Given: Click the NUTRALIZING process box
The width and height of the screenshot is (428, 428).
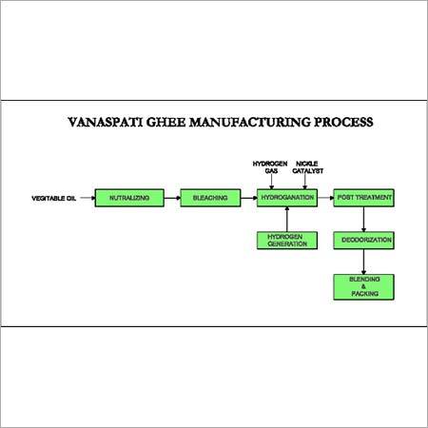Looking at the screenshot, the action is coord(129,198).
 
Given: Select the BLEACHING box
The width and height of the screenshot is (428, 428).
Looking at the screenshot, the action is coord(210,198).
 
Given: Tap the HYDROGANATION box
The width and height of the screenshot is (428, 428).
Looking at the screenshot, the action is coord(287,198).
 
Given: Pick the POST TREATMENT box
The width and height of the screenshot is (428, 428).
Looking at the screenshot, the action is coord(363,198).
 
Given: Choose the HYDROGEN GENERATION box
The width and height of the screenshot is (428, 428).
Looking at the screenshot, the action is coord(287,241).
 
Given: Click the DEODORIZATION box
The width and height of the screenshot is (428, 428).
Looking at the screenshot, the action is coord(363,241).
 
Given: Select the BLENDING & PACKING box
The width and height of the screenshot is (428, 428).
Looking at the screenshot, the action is coord(363,287).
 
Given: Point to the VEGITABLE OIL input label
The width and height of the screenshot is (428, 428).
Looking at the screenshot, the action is coord(54,199).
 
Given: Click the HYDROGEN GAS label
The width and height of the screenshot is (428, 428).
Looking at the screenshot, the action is coord(270,167).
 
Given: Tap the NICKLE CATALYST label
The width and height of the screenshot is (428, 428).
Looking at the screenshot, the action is coord(307,167).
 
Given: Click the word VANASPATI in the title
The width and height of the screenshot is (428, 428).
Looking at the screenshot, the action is coord(106,123).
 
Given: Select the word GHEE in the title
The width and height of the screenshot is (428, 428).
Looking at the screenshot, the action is coord(165,123).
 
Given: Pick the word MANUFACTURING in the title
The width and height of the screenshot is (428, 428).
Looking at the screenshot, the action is coord(250,123).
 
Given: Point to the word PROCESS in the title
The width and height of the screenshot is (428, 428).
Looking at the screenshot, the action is coord(343,123).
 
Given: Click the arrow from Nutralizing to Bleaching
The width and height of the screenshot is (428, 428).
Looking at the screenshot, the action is coord(172,198).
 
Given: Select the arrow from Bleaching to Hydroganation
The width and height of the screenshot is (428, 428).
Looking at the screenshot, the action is coord(249,198).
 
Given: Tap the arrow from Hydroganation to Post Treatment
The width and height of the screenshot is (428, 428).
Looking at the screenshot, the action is coord(325,198).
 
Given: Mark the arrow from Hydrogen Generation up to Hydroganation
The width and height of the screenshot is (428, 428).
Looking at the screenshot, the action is coord(287,219).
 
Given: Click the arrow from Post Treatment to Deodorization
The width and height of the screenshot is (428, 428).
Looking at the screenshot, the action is coord(363,220).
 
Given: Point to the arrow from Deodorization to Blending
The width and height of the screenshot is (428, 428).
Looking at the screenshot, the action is coord(363,262).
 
